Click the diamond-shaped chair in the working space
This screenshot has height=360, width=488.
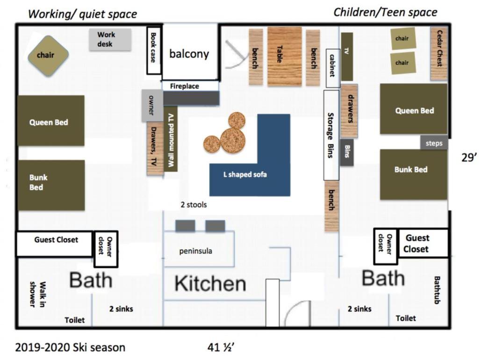coord(48,56)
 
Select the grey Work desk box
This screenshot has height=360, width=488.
coord(110,40)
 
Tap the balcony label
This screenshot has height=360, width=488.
coord(189,54)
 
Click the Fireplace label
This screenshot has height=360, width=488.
coord(185,86)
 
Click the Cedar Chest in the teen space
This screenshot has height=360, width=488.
coord(439,53)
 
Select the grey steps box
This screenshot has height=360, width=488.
coord(434,143)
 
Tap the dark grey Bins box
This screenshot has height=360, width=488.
coord(347,152)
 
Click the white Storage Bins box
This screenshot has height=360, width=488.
coord(331,135)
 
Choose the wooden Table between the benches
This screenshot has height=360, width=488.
coord(285,57)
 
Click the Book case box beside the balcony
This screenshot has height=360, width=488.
coord(154,50)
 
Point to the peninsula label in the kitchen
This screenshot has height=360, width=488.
coord(196,251)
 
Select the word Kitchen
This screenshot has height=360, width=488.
coord(210,283)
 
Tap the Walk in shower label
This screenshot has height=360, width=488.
coord(37,294)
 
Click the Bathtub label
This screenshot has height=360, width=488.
coord(437,289)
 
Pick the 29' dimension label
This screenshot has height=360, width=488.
coord(469,158)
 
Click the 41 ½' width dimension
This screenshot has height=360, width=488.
coord(221,347)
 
